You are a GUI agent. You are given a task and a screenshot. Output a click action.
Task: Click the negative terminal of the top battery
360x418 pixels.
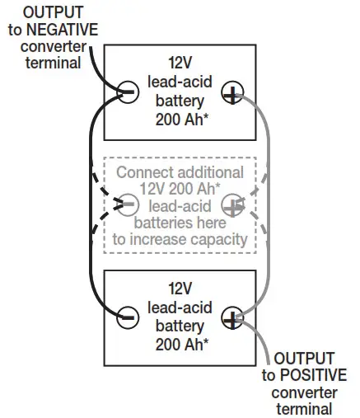tap(127, 92)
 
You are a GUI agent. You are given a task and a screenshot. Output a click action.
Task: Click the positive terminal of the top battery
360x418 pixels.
tap(231, 96)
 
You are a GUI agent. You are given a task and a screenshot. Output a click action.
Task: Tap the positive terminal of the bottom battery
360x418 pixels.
tap(231, 314)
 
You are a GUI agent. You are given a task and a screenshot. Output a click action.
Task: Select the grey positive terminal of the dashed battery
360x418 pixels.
tap(234, 203)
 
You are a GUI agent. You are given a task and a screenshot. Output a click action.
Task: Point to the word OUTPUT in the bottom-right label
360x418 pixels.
tap(304, 358)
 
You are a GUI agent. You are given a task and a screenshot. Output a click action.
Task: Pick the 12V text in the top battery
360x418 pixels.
tap(179, 62)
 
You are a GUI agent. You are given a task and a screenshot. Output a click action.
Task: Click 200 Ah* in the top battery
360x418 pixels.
tap(179, 119)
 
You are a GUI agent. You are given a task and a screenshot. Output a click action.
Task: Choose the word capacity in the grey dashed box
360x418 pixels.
tap(217, 240)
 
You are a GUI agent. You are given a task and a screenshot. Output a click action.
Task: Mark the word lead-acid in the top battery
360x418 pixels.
tap(179, 81)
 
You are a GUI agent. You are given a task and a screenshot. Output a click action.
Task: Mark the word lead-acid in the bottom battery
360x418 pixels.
tap(179, 307)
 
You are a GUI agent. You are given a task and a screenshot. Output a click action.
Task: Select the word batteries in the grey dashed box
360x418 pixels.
tap(166, 223)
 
